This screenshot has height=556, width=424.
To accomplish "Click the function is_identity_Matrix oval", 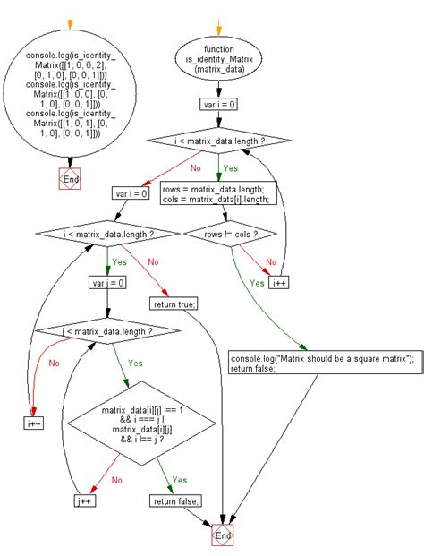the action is pyautogui.click(x=219, y=59).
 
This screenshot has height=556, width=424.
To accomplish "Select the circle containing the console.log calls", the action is pyautogui.click(x=70, y=94).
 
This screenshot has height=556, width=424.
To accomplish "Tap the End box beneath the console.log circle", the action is pyautogui.click(x=70, y=179).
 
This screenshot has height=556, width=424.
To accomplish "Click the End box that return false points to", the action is pyautogui.click(x=223, y=535).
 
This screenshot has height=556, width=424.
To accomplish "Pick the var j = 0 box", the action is pyautogui.click(x=108, y=283).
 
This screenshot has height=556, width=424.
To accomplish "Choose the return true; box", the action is pyautogui.click(x=174, y=304).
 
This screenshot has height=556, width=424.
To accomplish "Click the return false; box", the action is pyautogui.click(x=175, y=501).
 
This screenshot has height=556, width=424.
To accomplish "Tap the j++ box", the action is pyautogui.click(x=85, y=501).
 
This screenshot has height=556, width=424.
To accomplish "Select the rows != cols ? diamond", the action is pyautogui.click(x=231, y=234).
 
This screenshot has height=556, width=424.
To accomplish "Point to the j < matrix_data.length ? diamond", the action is pyautogui.click(x=107, y=331).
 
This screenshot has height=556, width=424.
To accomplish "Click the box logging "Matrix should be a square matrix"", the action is pyautogui.click(x=326, y=363).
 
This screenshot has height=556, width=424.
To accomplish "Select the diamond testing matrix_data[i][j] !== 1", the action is pyautogui.click(x=141, y=424).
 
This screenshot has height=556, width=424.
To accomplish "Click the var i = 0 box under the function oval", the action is pyautogui.click(x=219, y=105).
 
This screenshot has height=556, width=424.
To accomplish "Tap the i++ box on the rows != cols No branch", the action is pyautogui.click(x=279, y=283).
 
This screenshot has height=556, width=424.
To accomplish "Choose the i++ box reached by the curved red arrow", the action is pyautogui.click(x=34, y=423).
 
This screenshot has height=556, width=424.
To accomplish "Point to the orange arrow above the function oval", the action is pyautogui.click(x=218, y=27).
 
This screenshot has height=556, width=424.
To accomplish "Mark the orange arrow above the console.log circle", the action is pyautogui.click(x=70, y=24).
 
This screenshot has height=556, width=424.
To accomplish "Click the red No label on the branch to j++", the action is pyautogui.click(x=117, y=480).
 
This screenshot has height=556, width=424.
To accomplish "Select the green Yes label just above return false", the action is pyautogui.click(x=180, y=480).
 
